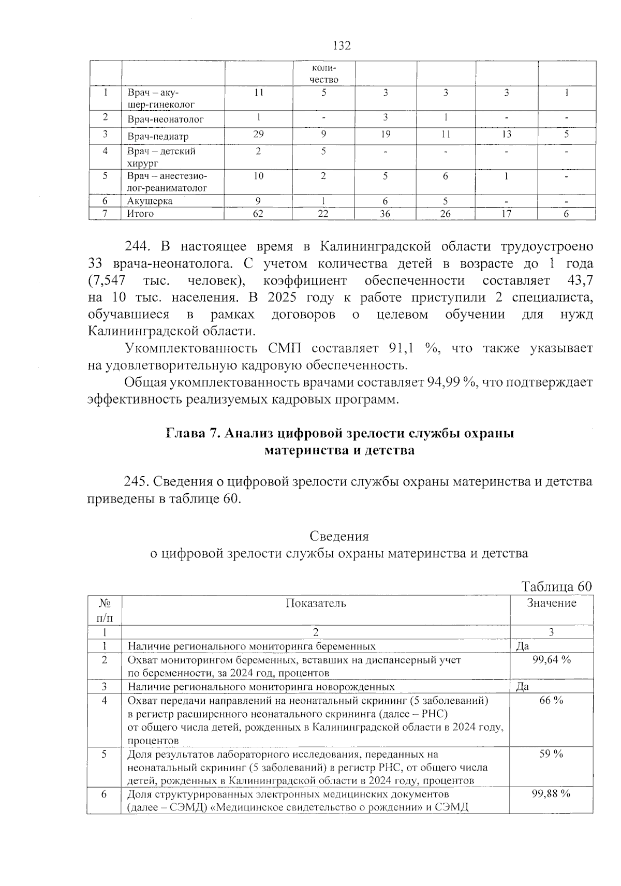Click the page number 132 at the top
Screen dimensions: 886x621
pos(342,46)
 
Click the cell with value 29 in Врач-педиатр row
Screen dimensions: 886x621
pos(258,134)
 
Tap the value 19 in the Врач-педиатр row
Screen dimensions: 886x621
pos(385,134)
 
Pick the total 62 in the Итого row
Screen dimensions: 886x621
pos(258,213)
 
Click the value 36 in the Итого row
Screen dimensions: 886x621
pos(385,213)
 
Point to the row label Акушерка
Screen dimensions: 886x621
pos(150,201)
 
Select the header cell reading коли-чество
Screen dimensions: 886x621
pos(323,74)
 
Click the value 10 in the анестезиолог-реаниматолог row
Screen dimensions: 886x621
pos(258,176)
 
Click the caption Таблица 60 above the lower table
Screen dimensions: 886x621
pos(556,586)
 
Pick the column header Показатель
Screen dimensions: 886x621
pos(316,603)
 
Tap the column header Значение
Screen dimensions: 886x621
pos(551,603)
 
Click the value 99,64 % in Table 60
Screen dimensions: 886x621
pos(551,660)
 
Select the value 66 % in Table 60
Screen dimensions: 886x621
pos(551,700)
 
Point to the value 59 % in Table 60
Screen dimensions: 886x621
pos(551,754)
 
